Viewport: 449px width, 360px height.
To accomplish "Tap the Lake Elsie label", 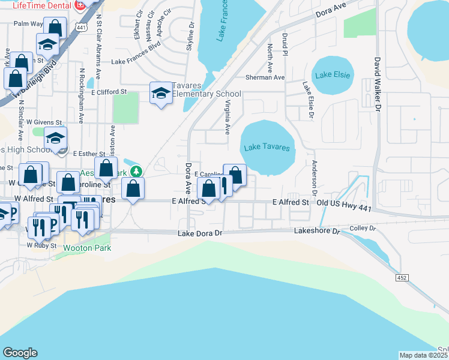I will (332, 75).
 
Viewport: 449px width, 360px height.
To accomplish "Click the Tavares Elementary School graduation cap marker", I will (160, 93).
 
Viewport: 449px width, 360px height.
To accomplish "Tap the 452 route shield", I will (402, 277).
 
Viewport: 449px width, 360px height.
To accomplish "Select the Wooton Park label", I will (83, 247).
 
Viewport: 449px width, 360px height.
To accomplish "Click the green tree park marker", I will (136, 172).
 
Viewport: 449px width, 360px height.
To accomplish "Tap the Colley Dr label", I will (363, 229).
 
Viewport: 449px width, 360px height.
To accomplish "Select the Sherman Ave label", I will (265, 77).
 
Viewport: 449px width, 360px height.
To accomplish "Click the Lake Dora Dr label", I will (200, 233).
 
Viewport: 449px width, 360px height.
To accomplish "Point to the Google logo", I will (20, 353).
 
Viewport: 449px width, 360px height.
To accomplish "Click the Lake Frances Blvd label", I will (137, 62).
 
